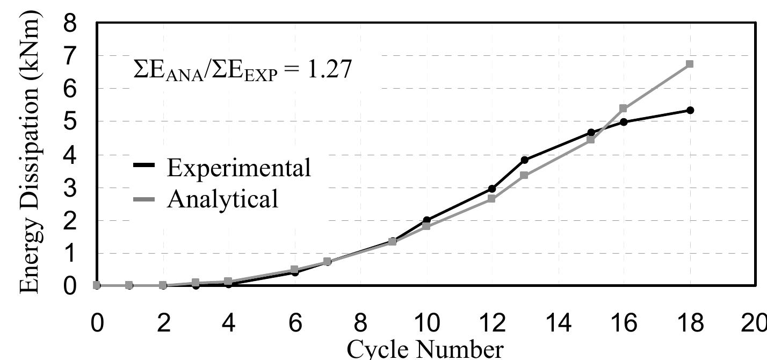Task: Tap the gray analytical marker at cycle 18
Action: click(690, 64)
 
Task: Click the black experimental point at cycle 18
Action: click(690, 110)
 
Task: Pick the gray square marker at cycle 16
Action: click(623, 109)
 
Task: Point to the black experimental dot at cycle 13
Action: click(524, 160)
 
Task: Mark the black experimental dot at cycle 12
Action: click(491, 189)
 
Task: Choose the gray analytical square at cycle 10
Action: click(426, 226)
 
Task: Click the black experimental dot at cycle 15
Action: click(591, 132)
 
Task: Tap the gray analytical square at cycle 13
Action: click(524, 175)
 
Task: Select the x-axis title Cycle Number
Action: click(425, 349)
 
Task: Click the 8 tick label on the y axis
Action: click(70, 25)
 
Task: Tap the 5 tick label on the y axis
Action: click(70, 122)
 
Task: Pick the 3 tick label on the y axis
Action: click(70, 188)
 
